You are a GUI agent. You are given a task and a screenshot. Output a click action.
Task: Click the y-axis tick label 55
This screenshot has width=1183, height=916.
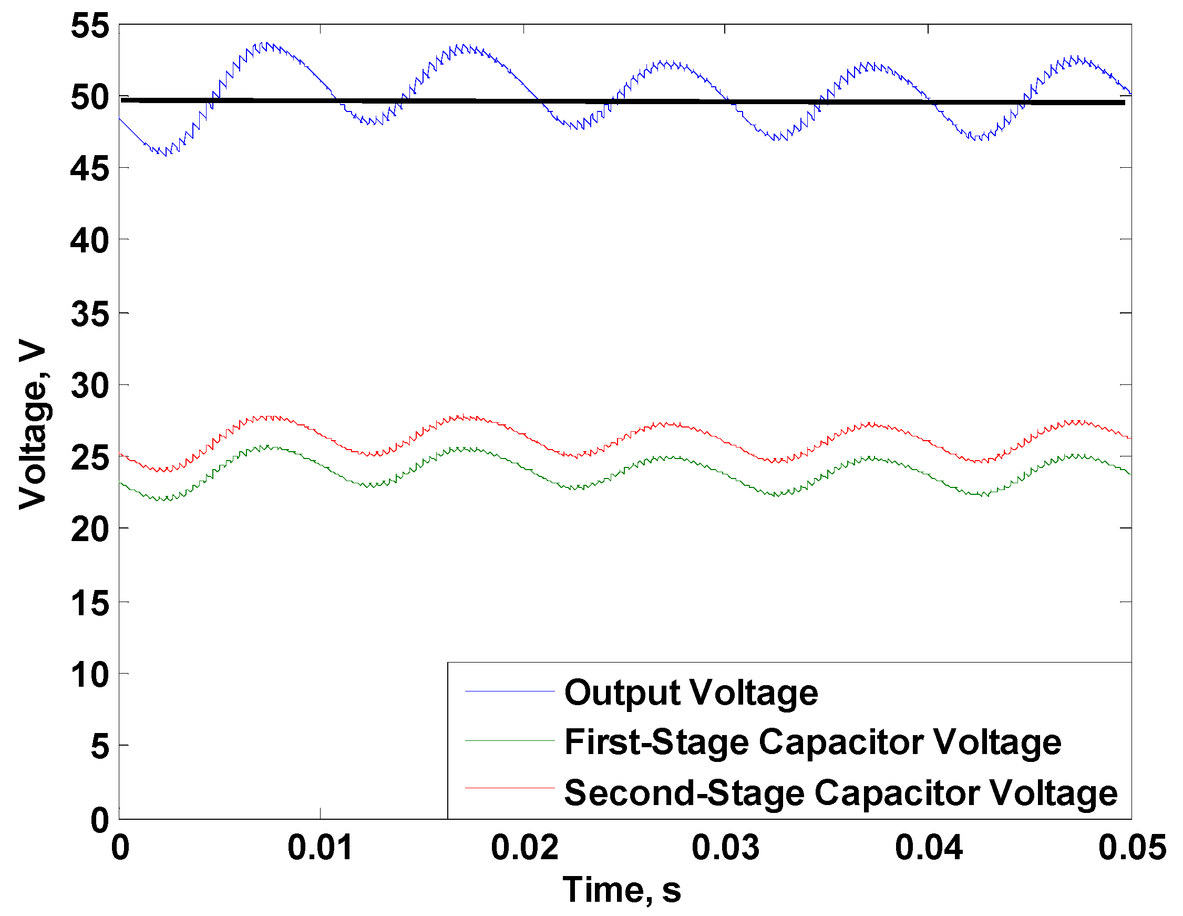point(90,25)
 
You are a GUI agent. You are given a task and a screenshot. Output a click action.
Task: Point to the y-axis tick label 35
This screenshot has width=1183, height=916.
point(90,314)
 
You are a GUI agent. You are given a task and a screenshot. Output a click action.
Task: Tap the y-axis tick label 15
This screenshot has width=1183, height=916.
point(90,603)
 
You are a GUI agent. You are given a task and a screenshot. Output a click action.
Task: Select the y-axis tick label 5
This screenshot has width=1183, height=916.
point(100,746)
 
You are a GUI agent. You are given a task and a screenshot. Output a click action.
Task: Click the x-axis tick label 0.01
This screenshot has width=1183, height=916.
point(320,848)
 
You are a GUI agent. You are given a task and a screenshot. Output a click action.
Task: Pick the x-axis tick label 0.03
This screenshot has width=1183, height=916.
point(726,848)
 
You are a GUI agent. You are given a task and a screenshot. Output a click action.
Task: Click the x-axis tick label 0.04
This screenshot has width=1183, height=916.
point(929,848)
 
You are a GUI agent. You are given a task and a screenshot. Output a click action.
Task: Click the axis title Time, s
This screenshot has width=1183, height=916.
point(622,890)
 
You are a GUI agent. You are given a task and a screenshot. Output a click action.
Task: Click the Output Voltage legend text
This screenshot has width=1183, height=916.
point(691,692)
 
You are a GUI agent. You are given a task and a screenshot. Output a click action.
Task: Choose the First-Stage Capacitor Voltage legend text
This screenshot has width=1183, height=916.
point(812,741)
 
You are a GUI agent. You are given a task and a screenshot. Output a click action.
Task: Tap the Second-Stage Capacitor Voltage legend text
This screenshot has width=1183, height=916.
point(841,793)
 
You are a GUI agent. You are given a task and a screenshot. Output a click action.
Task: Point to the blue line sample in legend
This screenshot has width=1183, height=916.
point(510,691)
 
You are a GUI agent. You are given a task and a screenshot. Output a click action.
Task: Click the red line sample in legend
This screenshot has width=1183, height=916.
point(510,788)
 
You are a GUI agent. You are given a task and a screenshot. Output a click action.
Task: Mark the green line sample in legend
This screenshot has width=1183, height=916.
point(510,740)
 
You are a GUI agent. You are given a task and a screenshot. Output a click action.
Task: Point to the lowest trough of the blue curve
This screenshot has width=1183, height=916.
point(166,155)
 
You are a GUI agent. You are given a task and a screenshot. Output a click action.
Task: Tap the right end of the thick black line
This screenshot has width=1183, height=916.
point(1124,103)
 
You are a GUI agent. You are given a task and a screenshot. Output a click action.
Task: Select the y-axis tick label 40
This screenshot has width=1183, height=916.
point(90,241)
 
